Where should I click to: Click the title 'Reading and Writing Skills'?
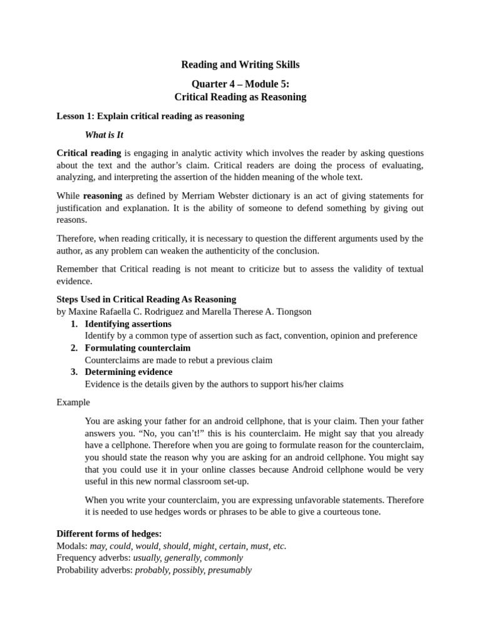coord(240,64)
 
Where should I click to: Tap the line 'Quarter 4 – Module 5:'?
coord(240,85)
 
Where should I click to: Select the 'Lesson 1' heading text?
coord(150,116)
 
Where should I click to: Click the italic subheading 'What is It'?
coord(104,135)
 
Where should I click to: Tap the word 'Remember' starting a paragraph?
coord(76,269)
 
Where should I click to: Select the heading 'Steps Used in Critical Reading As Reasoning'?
coord(146,299)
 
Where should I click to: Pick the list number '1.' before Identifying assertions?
coord(74,324)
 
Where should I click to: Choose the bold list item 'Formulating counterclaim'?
coord(138,347)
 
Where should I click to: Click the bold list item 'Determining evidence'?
coord(128,372)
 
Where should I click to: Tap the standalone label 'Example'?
coord(73,402)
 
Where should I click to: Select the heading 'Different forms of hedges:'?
coord(109,533)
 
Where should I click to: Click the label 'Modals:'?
coord(72,546)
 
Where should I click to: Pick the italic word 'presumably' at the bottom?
coord(230,570)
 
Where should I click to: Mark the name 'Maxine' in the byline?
coord(83,311)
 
